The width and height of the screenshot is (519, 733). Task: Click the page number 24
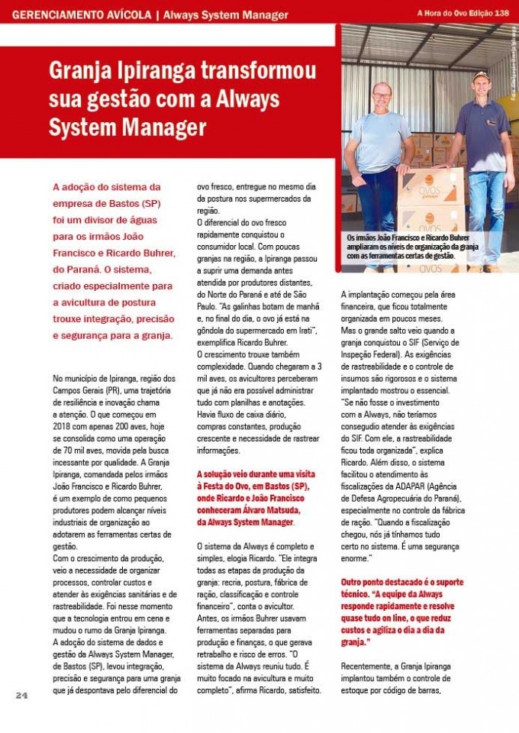pyautogui.click(x=21, y=696)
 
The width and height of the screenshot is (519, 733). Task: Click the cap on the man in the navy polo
pyautogui.click(x=480, y=77)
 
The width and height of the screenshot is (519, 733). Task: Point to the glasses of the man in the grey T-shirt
pyautogui.click(x=382, y=95)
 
